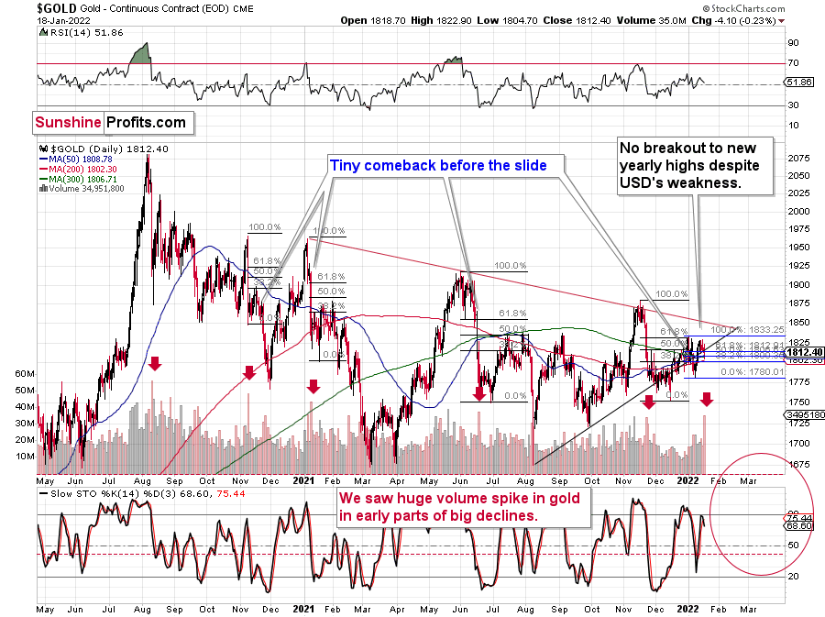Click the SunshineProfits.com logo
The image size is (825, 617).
click(x=110, y=122)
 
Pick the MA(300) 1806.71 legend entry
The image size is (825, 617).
click(x=77, y=181)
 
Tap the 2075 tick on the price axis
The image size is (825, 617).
click(x=800, y=158)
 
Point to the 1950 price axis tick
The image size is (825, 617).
click(x=800, y=248)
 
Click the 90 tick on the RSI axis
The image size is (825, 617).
click(x=794, y=42)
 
